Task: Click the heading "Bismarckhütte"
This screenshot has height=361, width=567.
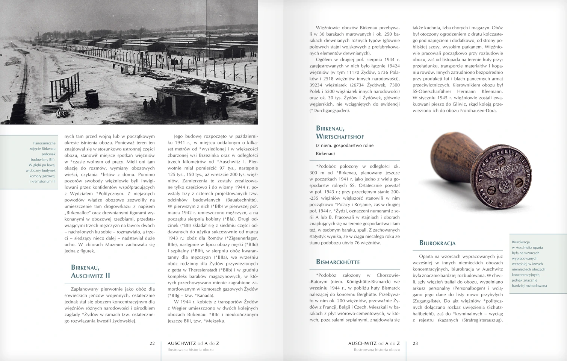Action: point(338,262)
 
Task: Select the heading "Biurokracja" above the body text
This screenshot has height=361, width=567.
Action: point(437,243)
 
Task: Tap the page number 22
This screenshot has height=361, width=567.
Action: point(152,343)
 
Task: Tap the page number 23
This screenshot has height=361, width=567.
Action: point(415,343)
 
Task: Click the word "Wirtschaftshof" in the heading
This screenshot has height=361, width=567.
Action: point(340,137)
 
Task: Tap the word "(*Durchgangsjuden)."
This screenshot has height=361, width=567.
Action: point(330,111)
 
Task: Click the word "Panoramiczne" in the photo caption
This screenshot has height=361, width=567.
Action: point(44,143)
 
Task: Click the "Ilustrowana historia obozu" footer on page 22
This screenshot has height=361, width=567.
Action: point(191,350)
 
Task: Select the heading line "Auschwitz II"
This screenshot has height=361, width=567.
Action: point(91,276)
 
